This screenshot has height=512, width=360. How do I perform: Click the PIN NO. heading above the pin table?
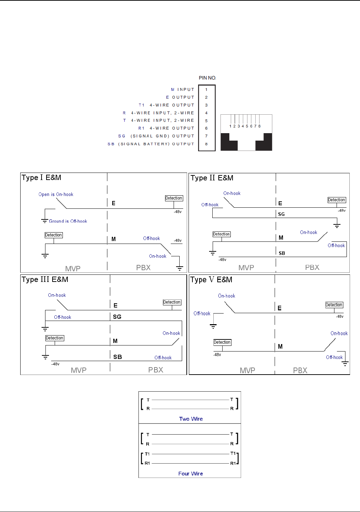[x=207, y=78]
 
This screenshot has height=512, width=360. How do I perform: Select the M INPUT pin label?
[x=182, y=89]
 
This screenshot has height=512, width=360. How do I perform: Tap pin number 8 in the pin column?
[x=206, y=144]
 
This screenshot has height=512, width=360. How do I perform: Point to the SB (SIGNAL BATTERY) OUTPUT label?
[x=151, y=144]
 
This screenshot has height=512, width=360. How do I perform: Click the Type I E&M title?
[x=41, y=178]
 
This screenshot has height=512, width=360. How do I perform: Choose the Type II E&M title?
[x=212, y=178]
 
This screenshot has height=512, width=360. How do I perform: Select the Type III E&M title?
[x=45, y=279]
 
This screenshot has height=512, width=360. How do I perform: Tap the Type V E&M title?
[x=211, y=280]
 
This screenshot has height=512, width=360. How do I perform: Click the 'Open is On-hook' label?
[x=56, y=194]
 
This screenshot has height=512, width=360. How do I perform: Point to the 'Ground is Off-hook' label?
[x=68, y=221]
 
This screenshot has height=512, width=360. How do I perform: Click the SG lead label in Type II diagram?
[x=281, y=214]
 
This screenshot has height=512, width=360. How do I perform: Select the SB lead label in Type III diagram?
[x=118, y=357]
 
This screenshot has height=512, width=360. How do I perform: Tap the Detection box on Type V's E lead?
[x=334, y=305]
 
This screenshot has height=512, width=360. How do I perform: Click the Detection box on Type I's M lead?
[x=54, y=235]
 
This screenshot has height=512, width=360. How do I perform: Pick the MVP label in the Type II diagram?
[x=246, y=268]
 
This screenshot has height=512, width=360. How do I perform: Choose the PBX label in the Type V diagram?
[x=300, y=370]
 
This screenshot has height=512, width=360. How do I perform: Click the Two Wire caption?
[x=191, y=419]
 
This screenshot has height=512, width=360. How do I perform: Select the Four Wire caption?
[x=191, y=474]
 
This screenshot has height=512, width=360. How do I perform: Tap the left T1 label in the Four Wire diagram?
[x=147, y=454]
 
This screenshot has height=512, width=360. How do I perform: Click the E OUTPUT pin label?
[x=180, y=97]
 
